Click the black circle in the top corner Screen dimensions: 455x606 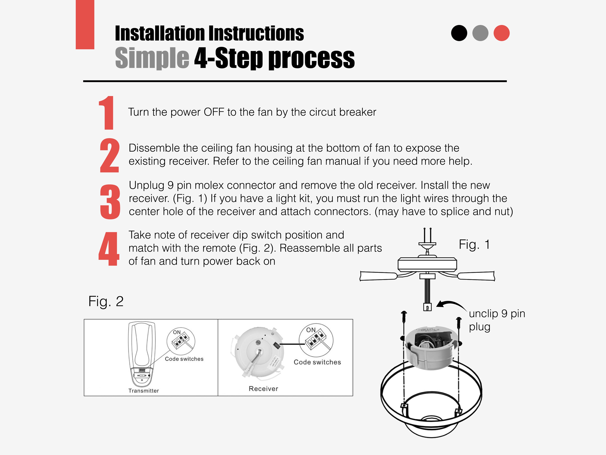point(459,33)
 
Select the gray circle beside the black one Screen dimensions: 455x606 point(480,33)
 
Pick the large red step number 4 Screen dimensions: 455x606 point(109,249)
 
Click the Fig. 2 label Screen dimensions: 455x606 point(106,301)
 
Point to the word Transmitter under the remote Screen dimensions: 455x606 point(144,391)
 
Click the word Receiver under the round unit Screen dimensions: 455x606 point(263,389)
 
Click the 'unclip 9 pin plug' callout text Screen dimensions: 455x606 point(497,320)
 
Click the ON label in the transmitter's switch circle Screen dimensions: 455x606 point(177,332)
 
